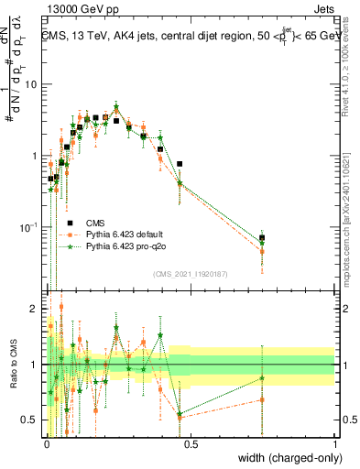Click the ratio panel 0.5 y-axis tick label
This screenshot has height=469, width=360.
pos(29,420)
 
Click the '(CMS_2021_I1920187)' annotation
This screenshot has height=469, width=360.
pos(191,272)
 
